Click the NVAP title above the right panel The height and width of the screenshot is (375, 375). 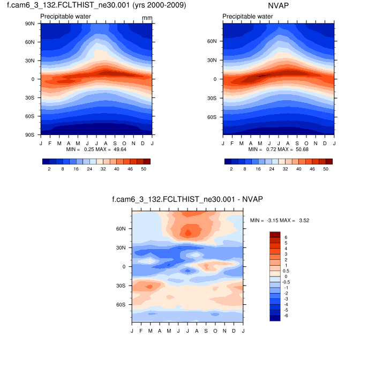278,6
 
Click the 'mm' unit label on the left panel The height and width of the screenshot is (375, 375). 147,18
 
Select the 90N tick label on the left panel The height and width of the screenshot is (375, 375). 31,24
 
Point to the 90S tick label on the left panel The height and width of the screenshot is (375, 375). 31,134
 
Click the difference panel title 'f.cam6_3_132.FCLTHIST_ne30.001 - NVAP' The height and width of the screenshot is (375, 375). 187,199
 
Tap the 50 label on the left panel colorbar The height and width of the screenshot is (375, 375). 143,169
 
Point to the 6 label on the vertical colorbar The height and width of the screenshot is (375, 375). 286,237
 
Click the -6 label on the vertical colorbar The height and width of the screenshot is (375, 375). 287,316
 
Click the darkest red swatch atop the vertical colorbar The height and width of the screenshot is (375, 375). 275,234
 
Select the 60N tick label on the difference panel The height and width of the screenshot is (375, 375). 122,229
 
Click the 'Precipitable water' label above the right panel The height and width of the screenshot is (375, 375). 247,17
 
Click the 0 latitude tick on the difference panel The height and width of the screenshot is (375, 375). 124,266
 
